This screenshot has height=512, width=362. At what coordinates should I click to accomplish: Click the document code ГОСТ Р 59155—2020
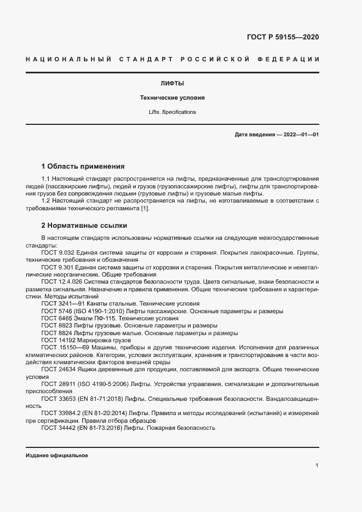tap(279, 37)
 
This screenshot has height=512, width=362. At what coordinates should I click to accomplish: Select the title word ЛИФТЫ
tap(172, 84)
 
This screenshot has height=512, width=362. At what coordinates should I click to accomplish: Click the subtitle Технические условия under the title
tap(172, 98)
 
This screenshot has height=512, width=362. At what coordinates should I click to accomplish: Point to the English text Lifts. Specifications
tap(172, 112)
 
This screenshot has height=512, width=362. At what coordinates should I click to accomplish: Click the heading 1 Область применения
tap(83, 166)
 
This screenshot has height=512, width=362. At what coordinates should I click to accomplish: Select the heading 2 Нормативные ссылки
tap(85, 225)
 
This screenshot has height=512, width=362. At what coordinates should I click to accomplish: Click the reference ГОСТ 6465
tap(56, 318)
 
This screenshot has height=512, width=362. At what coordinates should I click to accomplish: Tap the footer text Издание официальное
tap(57, 456)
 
